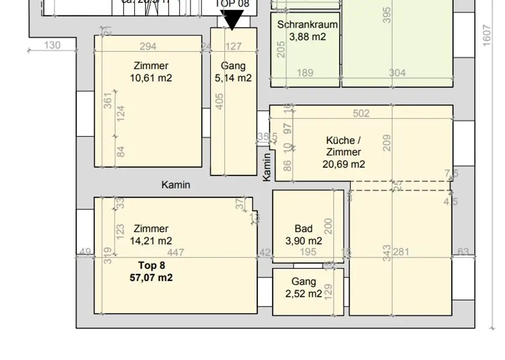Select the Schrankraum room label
click(x=307, y=25)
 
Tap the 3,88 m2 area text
click(x=307, y=36)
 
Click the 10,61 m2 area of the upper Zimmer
click(x=151, y=78)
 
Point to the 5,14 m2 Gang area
click(x=233, y=78)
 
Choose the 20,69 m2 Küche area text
click(x=344, y=164)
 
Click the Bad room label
click(x=303, y=229)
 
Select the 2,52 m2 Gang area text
click(x=303, y=294)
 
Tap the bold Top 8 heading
click(x=151, y=265)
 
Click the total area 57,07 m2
click(x=151, y=278)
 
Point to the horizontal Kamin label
click(x=176, y=185)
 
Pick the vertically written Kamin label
click(x=267, y=167)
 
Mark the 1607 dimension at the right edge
click(x=487, y=36)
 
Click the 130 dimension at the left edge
click(x=52, y=45)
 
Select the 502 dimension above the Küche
click(x=361, y=113)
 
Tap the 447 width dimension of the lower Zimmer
click(x=176, y=253)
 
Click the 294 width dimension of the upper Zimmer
click(x=148, y=46)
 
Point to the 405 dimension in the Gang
click(x=220, y=101)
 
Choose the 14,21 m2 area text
click(x=151, y=241)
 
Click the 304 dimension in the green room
click(x=397, y=73)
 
